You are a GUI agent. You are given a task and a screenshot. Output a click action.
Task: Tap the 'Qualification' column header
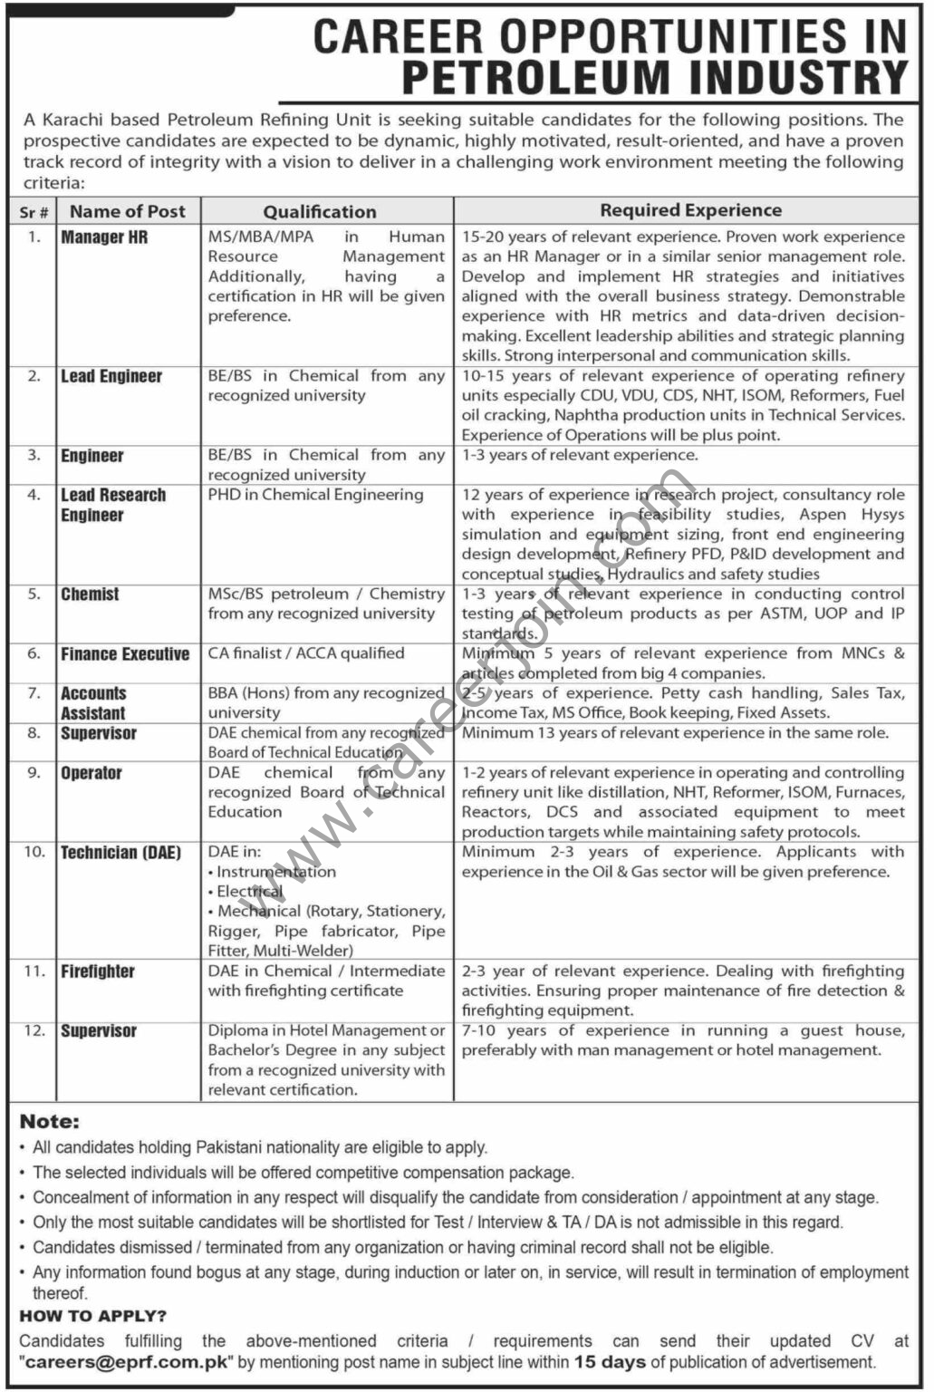pos(320,212)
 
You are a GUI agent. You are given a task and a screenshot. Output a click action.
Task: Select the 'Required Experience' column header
pos(690,210)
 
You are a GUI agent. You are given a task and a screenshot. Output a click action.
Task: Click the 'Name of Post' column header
pos(128,211)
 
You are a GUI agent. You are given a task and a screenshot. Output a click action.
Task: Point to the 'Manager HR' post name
pos(104,237)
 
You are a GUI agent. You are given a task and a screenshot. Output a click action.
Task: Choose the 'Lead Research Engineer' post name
pos(113,505)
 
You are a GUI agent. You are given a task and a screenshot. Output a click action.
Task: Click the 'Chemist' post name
pos(90,594)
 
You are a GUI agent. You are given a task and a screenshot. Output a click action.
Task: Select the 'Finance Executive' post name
pos(125,654)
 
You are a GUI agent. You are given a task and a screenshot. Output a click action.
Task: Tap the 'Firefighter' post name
pos(98,971)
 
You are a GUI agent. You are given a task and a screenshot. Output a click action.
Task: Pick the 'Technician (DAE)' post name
pos(120,853)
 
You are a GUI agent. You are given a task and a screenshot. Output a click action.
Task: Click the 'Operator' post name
pos(91,773)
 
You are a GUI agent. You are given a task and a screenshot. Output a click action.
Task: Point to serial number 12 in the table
pos(34,1031)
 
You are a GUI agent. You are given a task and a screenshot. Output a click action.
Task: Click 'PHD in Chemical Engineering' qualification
pos(315,495)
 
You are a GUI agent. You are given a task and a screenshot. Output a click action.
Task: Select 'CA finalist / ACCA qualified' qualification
pos(306,653)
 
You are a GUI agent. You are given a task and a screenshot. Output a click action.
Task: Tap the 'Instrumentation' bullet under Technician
pos(275,872)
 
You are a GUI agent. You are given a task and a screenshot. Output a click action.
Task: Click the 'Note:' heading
pos(49,1122)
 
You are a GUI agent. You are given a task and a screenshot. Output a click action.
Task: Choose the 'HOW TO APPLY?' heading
pos(93,1316)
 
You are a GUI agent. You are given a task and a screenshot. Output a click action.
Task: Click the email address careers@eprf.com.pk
pos(127,1362)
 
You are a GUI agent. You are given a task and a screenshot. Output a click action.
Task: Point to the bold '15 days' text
pos(610,1362)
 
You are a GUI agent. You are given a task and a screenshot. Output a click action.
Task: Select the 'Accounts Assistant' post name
pos(93,703)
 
